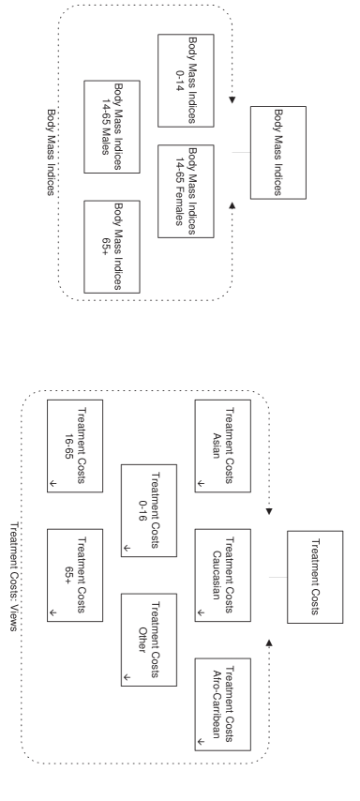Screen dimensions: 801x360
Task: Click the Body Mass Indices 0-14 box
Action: (186, 81)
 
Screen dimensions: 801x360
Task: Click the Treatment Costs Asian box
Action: (223, 446)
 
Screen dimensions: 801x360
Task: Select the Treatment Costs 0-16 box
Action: (149, 510)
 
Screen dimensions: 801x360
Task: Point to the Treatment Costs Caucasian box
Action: (223, 575)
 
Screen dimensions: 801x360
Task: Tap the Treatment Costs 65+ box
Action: (75, 575)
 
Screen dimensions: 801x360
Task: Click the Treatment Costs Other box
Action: (149, 640)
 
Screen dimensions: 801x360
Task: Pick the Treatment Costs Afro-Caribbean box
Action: (223, 704)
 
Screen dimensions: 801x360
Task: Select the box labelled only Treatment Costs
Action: (315, 575)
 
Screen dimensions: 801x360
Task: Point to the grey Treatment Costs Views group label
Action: (14, 576)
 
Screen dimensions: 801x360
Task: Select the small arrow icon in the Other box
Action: (126, 677)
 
